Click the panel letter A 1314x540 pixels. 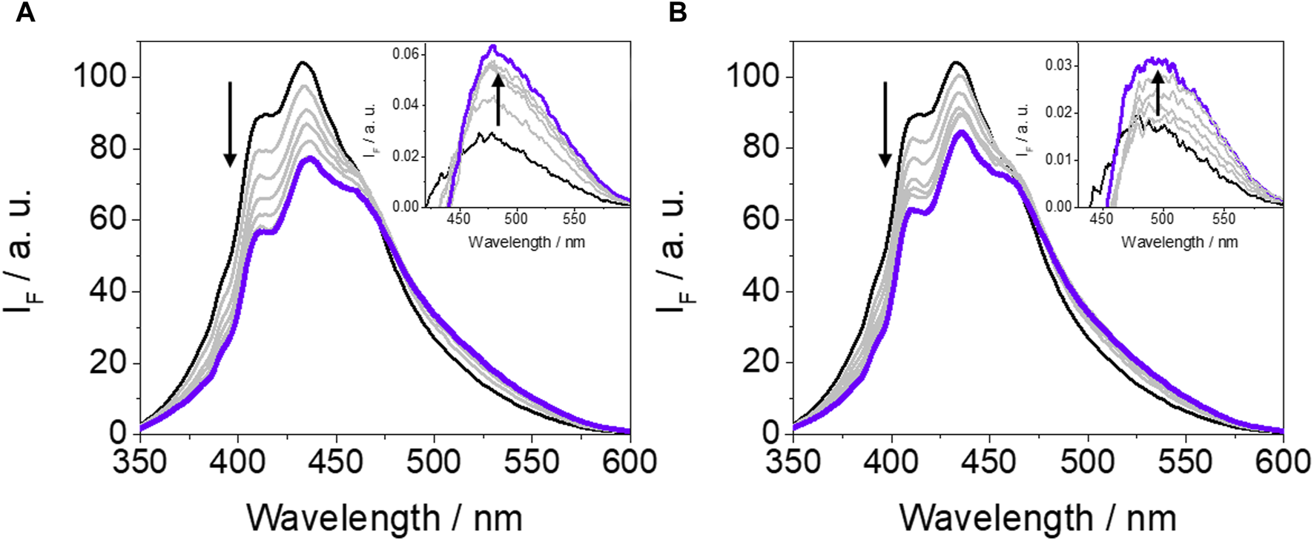pos(26,13)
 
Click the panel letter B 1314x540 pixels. pos(677,13)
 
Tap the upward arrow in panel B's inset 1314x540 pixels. pos(1157,93)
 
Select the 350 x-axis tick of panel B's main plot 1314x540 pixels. pos(793,462)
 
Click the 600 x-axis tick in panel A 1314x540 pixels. pos(629,462)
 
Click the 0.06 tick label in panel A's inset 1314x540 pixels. pos(406,54)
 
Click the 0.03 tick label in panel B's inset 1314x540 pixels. pos(1059,66)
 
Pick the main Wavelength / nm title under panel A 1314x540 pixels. pos(384,517)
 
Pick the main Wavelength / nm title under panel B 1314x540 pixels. pos(1037,517)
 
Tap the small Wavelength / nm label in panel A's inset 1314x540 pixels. pos(526,242)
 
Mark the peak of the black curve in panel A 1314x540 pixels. pos(302,62)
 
